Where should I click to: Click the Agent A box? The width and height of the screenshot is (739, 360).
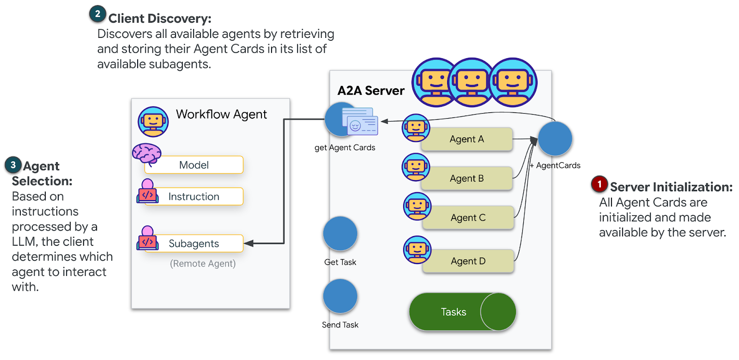coord(466,139)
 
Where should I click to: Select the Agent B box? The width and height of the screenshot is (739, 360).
coord(466,178)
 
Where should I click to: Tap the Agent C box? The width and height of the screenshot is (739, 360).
coord(468,218)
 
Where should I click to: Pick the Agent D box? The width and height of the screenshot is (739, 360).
coord(468,261)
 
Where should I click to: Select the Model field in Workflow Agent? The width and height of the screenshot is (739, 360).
coord(194,165)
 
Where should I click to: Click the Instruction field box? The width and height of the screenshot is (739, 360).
coord(194,196)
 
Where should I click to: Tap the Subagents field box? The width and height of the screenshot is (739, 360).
coord(194,244)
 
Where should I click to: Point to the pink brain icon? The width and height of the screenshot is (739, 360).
coord(146,153)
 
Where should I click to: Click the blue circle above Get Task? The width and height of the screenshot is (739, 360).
coord(340,234)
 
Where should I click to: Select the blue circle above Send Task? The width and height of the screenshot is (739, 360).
coord(340,296)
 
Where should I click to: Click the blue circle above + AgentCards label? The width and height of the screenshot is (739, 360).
coord(555,139)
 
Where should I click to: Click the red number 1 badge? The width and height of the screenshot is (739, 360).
coord(600,184)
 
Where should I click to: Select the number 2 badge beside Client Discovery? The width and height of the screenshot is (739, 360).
coord(97,14)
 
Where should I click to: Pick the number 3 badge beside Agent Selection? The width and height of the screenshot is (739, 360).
coord(13,165)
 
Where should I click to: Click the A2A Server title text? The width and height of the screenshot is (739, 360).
coord(371,91)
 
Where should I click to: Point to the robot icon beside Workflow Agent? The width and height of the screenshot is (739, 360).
coord(153,122)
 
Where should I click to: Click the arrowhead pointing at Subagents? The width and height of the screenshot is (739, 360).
coord(248,244)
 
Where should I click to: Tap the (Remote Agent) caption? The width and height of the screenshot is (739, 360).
coord(203,263)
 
